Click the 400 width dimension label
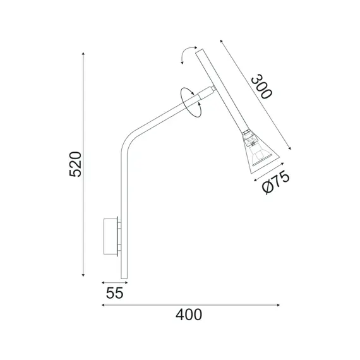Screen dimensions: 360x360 [x=189, y=314]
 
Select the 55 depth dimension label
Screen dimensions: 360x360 [x=113, y=293]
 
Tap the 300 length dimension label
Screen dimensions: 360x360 [x=260, y=87]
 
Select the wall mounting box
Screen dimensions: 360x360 [x=111, y=237]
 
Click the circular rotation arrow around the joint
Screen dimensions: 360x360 [x=189, y=99]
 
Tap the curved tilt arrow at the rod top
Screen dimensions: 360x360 [x=186, y=56]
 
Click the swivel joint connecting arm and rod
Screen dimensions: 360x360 [x=206, y=92]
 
